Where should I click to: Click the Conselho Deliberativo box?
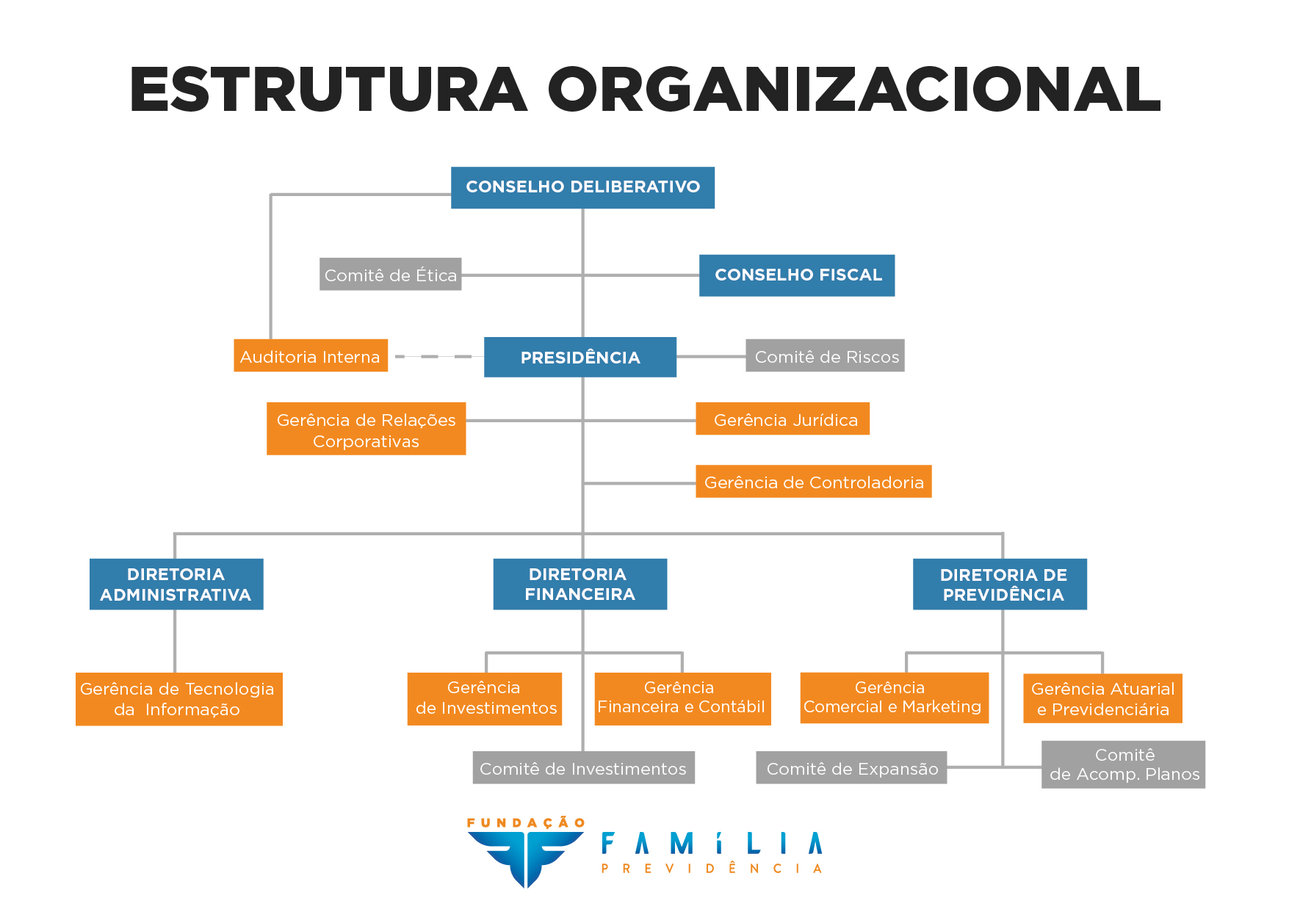(x=582, y=187)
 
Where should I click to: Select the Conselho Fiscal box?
(x=797, y=275)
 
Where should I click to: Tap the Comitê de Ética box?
(x=390, y=275)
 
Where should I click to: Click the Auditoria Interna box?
(x=310, y=356)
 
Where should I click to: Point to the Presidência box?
(x=580, y=358)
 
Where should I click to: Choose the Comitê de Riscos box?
(x=825, y=356)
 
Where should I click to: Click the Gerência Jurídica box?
(x=782, y=419)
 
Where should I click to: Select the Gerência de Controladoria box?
(x=813, y=482)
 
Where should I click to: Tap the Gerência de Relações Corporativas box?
(x=366, y=429)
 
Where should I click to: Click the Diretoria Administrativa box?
(x=176, y=585)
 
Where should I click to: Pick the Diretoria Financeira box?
(x=580, y=585)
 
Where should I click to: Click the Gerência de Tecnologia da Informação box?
(x=178, y=699)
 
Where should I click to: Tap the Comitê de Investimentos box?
(x=583, y=768)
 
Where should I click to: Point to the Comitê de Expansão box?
(x=851, y=768)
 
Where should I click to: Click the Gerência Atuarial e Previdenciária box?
(x=1102, y=699)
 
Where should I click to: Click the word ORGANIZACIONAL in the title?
(x=853, y=90)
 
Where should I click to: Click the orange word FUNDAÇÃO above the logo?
(x=526, y=822)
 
